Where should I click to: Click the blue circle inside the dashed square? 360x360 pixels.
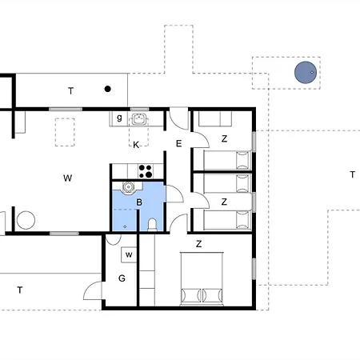coord(305,73)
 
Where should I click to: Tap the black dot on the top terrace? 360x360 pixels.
coord(107,89)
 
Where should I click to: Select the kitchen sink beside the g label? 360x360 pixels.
coord(140,119)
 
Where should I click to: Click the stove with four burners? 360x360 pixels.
coord(146,170)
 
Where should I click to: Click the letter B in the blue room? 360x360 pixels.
coord(139,203)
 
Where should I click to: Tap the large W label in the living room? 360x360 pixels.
coord(68,178)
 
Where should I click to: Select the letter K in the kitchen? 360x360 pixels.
coord(137,145)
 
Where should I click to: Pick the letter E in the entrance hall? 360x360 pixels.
coord(179,144)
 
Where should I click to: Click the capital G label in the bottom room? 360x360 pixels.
coord(122,278)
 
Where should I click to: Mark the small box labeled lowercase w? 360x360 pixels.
coord(128,255)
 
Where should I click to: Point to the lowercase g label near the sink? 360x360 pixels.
coord(119,118)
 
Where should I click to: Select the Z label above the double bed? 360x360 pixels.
coord(198,243)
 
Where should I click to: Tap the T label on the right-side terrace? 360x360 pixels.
coord(352,174)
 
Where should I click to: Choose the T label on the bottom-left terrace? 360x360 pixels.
coord(19,290)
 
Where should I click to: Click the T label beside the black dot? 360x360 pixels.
coord(70,91)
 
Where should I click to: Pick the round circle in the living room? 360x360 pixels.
coord(27,219)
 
